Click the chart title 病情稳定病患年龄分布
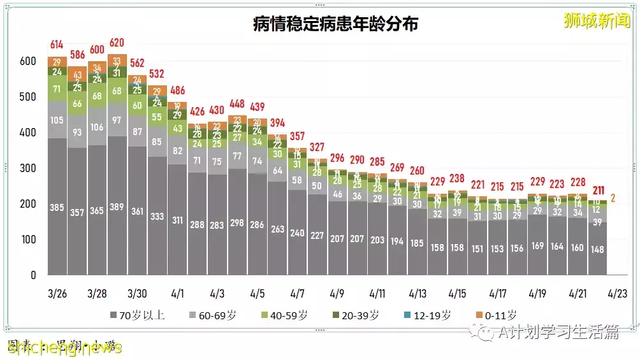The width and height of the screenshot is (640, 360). [x=335, y=25]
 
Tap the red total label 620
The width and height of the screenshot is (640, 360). [x=117, y=44]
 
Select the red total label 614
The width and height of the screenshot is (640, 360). [x=57, y=45]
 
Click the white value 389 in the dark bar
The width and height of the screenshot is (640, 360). [x=117, y=207]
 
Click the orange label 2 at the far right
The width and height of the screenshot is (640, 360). [x=615, y=198]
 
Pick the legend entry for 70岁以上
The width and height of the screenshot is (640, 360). [x=137, y=315]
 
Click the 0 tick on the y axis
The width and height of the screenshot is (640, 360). [x=33, y=275]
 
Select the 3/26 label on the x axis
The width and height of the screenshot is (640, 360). [x=57, y=294]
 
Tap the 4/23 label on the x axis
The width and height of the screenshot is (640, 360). [x=616, y=294]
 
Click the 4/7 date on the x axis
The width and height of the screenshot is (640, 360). [x=297, y=294]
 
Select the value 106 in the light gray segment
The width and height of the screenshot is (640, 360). [x=97, y=127]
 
